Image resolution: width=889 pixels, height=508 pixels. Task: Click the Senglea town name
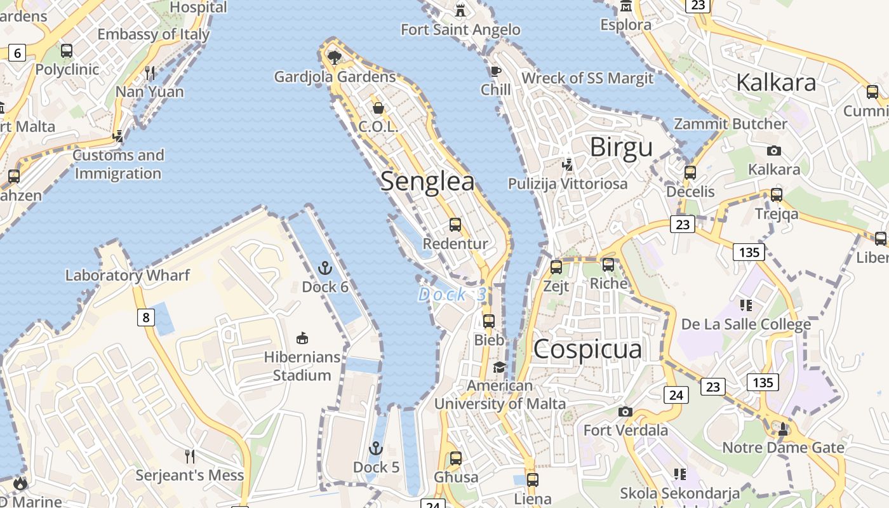click(x=427, y=182)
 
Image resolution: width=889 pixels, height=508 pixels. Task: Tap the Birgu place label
click(x=621, y=147)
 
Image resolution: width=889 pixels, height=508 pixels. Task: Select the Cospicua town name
click(x=587, y=349)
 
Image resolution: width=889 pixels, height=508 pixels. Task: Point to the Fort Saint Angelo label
click(x=460, y=29)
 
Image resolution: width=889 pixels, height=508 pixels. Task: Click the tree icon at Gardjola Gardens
click(x=335, y=58)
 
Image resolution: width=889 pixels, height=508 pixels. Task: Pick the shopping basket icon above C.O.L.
click(x=378, y=108)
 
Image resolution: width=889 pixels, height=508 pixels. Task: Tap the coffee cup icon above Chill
click(x=496, y=71)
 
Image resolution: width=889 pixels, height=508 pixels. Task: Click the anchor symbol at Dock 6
click(x=325, y=268)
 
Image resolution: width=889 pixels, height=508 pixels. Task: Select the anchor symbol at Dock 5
click(x=377, y=449)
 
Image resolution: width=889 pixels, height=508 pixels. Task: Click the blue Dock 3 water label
click(x=452, y=295)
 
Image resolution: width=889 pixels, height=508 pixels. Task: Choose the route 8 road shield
click(x=146, y=317)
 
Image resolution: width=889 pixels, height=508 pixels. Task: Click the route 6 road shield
click(x=17, y=53)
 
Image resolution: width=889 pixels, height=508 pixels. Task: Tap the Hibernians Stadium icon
click(x=302, y=338)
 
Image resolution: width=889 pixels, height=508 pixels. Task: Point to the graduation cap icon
click(x=500, y=367)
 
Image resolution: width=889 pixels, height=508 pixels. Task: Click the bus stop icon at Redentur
click(x=455, y=224)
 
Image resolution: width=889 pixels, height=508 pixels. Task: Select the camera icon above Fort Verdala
click(x=625, y=411)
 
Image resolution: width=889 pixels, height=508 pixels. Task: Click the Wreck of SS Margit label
click(x=587, y=78)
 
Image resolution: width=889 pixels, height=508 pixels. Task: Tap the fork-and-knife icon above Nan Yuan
click(x=150, y=73)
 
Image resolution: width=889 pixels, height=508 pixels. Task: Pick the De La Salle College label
click(x=746, y=324)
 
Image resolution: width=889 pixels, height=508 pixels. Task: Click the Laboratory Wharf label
click(x=128, y=275)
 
